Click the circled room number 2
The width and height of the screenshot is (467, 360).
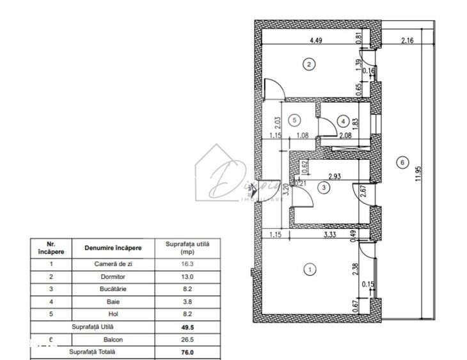(309, 64)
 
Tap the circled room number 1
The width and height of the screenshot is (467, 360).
(309, 270)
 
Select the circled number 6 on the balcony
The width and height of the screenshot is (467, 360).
(402, 162)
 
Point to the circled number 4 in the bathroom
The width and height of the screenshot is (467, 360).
(343, 121)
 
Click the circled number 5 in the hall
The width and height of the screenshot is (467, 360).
(294, 120)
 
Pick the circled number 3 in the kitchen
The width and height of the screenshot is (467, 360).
(325, 187)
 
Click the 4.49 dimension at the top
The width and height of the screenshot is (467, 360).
(315, 40)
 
